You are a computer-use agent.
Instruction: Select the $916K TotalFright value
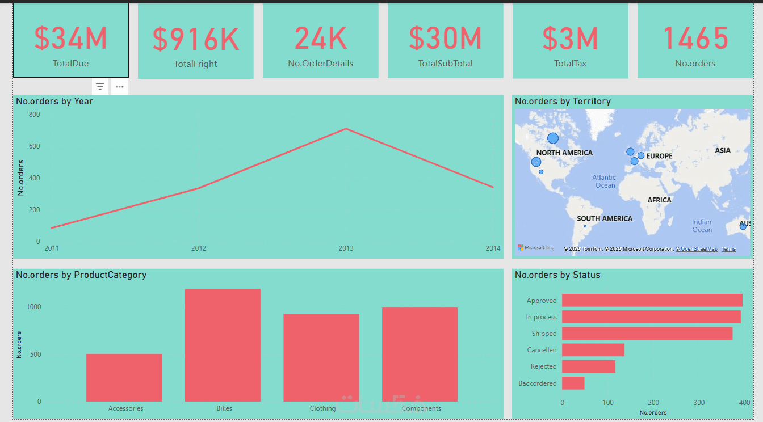[x=195, y=39]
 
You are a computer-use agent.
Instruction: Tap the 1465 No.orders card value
[x=695, y=38]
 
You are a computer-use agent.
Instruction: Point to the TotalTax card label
[x=570, y=64]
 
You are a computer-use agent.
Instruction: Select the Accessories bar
[x=124, y=377]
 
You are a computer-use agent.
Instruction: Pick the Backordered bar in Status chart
[x=573, y=383]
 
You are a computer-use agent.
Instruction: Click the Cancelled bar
[x=593, y=350]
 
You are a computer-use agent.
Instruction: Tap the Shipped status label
[x=544, y=334]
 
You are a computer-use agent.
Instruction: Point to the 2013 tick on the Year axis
[x=346, y=248]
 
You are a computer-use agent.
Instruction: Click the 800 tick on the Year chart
[x=34, y=115]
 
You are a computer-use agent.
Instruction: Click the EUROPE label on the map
[x=659, y=156]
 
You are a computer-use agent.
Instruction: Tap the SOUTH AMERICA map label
[x=604, y=219]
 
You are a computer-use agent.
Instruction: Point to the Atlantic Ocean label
[x=605, y=182]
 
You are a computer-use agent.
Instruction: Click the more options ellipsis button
[x=120, y=87]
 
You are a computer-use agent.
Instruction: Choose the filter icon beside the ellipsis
[x=100, y=87]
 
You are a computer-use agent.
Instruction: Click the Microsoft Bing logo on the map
[x=536, y=248]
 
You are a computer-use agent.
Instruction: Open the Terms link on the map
[x=728, y=249]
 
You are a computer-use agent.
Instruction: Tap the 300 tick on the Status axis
[x=699, y=403]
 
